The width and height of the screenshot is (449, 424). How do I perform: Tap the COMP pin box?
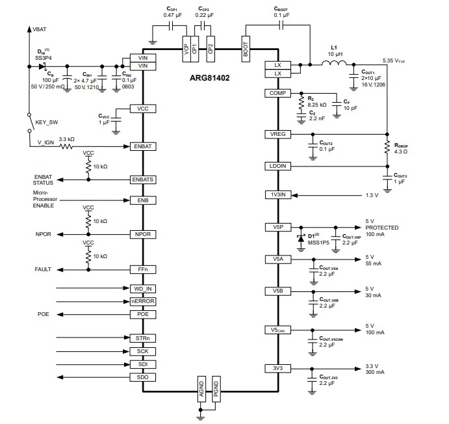coord(277,94)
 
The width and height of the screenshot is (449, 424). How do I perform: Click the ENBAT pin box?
coord(143,147)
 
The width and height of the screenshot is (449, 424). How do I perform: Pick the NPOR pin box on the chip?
coord(143,234)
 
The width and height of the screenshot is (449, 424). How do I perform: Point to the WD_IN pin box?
coord(143,288)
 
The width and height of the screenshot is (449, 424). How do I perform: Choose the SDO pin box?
coord(143,377)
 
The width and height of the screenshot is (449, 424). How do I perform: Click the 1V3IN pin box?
coord(277,195)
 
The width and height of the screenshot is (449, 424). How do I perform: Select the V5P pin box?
coord(277,227)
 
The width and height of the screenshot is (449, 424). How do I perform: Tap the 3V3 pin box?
coord(277,369)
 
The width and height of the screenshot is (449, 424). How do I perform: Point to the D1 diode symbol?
coord(301,237)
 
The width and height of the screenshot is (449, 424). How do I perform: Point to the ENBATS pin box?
coord(143,179)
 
